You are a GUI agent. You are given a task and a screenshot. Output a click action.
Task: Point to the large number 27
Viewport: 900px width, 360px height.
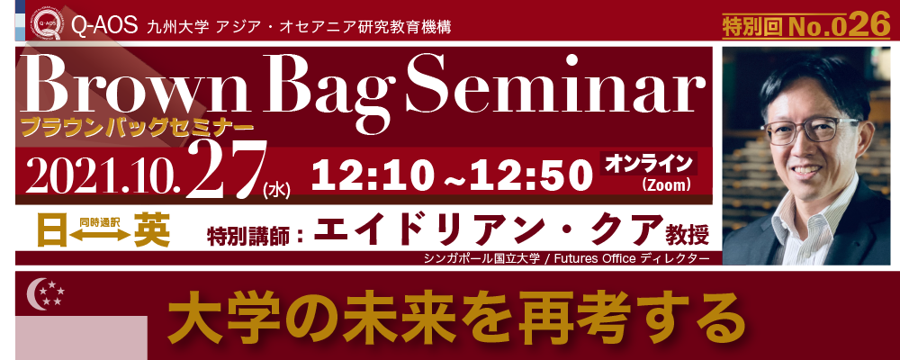click(x=226, y=167)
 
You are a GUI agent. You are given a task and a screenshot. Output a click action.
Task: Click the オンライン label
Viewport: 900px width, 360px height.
click(x=649, y=163)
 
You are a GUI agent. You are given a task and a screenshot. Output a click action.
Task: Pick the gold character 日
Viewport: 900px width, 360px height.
click(x=52, y=229)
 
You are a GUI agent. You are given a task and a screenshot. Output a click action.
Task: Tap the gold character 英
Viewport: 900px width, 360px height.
click(x=152, y=229)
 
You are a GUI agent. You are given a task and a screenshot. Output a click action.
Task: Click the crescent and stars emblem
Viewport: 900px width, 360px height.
click(x=45, y=292)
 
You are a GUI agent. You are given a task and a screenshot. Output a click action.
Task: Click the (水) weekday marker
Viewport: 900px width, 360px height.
click(x=276, y=190)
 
